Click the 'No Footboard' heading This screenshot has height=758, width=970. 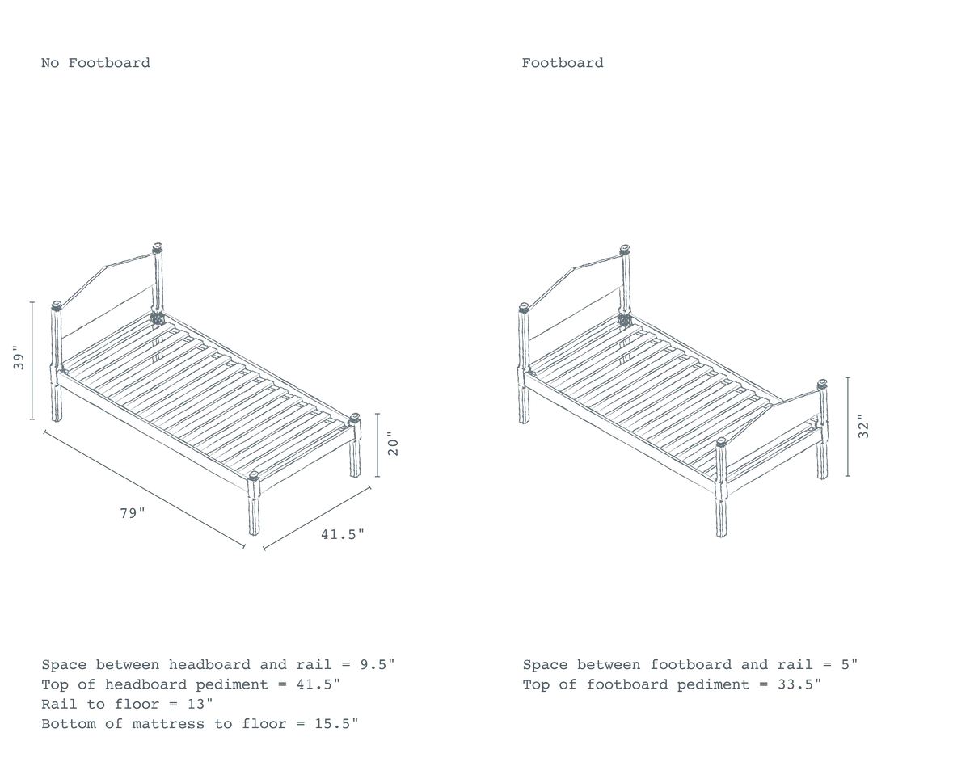95,63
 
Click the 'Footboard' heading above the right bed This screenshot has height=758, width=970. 563,63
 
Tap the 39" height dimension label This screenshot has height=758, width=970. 19,357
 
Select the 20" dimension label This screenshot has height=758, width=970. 393,444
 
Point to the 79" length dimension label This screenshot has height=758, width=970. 133,513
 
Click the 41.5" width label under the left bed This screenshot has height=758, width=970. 343,534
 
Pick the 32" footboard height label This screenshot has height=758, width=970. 864,427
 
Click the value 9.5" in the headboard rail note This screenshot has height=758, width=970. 377,665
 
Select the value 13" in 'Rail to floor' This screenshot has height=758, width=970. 200,704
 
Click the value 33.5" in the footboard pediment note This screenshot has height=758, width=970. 799,684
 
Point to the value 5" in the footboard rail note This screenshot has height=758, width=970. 850,665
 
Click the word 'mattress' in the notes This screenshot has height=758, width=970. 168,723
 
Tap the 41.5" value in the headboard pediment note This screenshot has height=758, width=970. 318,684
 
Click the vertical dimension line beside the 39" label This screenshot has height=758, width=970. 32,360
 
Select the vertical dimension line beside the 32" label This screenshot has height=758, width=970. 848,427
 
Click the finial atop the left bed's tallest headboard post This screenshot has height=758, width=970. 158,248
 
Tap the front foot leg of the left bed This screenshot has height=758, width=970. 254,504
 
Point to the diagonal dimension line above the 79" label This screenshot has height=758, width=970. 144,489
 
